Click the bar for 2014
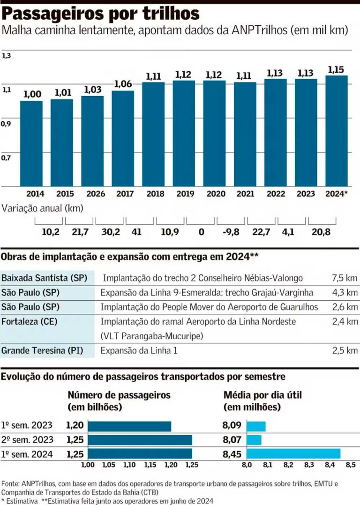31,143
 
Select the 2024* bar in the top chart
336,131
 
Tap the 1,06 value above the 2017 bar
123,84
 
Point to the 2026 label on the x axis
92,193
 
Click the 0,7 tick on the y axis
6,158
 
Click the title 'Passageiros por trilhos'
101,14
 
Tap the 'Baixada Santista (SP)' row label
44,278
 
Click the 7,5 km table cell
345,278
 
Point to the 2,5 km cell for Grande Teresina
345,350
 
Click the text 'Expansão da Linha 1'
139,350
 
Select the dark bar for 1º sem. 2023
129,426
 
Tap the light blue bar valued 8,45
293,453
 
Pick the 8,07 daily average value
232,440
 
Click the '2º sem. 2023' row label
27,440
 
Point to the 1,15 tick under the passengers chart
150,465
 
